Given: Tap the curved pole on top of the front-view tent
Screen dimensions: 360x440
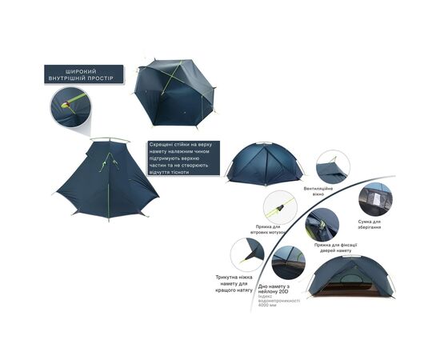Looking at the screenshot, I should click(110, 141).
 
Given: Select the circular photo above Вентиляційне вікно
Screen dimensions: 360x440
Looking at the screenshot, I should click(332, 167).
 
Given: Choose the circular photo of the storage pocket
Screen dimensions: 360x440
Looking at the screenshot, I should click(374, 199).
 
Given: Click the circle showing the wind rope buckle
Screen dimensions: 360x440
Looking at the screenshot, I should click(280, 207).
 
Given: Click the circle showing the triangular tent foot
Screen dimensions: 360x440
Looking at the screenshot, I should click(247, 254).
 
